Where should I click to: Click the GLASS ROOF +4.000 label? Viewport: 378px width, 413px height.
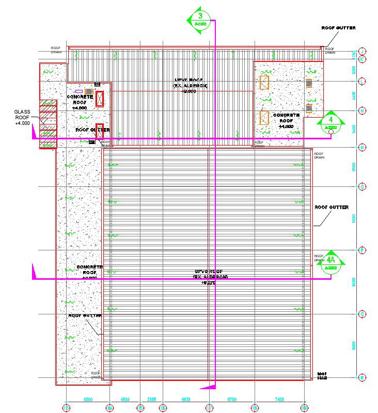point(23,118)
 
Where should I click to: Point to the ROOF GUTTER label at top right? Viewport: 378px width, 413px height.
point(338,28)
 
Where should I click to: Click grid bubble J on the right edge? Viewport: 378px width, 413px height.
point(363,51)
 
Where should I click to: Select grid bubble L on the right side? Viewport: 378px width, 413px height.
point(363,81)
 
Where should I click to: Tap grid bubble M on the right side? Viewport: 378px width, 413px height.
point(363,110)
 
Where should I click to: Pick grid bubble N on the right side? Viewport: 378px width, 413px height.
point(363,148)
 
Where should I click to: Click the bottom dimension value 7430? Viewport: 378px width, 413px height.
point(279,400)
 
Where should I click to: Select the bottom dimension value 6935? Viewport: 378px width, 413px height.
point(186,400)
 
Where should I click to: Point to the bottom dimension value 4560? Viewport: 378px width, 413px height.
point(125,400)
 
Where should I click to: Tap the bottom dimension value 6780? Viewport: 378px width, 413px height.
point(232,400)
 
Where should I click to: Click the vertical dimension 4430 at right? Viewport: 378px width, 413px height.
point(354,96)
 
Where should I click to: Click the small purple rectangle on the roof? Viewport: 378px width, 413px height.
point(79,91)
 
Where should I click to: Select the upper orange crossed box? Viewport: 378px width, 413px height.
point(264,83)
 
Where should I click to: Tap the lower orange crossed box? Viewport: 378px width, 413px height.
point(264,118)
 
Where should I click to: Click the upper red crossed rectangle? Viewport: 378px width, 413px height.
point(100,99)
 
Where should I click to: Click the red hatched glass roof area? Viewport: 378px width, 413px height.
point(48,124)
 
